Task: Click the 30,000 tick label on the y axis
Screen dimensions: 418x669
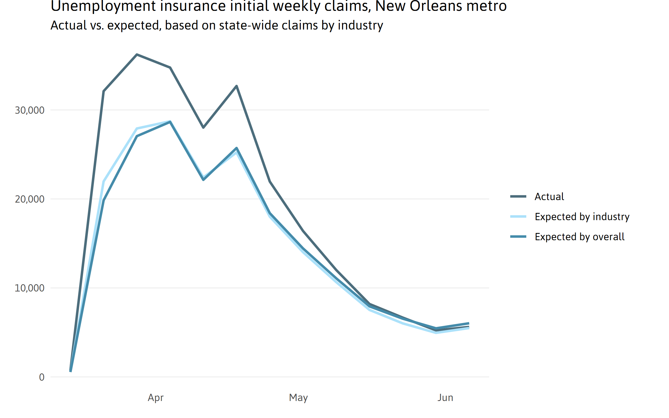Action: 30,110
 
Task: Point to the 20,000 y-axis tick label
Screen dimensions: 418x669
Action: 30,199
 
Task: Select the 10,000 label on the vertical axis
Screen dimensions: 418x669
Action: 30,288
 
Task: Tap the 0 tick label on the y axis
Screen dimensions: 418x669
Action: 42,377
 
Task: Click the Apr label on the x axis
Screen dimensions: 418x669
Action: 156,398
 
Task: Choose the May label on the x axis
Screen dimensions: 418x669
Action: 298,398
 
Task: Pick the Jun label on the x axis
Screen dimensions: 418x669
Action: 445,398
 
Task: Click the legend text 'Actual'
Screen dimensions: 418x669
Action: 549,197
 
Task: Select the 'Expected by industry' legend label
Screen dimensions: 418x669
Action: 582,217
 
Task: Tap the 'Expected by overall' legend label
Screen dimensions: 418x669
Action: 580,237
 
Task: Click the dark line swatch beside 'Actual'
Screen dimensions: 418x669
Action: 518,196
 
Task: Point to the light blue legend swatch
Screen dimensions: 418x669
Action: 518,217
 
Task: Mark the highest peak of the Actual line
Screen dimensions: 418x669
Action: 137,55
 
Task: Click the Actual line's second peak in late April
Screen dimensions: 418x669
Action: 236,86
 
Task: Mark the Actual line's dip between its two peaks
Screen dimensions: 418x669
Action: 203,128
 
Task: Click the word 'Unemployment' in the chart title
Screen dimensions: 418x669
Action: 103,6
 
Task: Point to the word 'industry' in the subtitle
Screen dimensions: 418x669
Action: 360,25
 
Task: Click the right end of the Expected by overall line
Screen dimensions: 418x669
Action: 469,324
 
